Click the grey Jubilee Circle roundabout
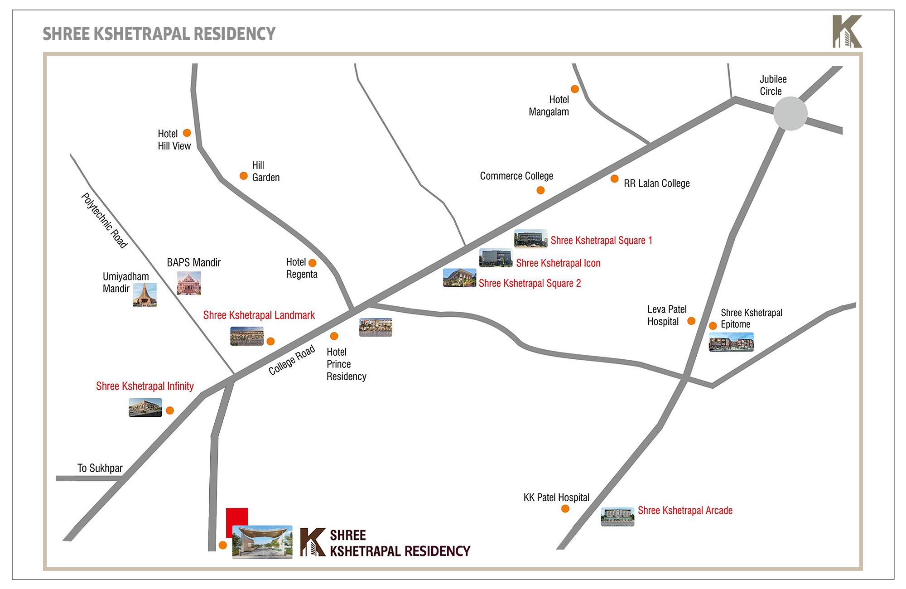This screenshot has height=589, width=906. [790, 113]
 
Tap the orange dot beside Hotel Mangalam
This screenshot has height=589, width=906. [574, 89]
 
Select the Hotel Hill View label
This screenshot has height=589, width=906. [174, 140]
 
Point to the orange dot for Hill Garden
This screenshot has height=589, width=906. [243, 176]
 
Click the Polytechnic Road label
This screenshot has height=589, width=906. [104, 221]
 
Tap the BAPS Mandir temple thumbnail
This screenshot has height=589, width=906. [189, 283]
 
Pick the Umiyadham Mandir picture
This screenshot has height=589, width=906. [145, 294]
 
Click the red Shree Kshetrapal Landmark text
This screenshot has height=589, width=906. [259, 315]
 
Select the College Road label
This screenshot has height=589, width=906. [292, 360]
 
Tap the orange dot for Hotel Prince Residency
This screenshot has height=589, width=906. [334, 336]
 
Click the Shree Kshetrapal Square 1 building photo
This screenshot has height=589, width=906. [530, 239]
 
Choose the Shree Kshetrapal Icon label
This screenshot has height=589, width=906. [558, 263]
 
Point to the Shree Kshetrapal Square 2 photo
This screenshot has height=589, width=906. [459, 278]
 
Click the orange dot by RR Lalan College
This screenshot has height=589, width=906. [614, 179]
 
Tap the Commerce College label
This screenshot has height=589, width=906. [516, 176]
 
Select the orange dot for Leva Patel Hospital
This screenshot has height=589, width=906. [691, 321]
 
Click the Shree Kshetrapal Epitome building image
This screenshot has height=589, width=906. [731, 342]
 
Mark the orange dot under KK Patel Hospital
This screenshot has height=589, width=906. [565, 509]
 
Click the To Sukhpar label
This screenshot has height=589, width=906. [100, 468]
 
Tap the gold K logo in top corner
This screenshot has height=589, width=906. [847, 31]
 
